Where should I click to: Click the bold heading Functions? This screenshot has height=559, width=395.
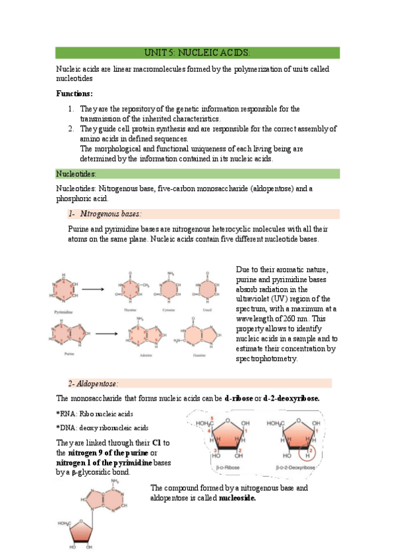point(75,94)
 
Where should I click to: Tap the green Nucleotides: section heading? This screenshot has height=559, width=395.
point(76,174)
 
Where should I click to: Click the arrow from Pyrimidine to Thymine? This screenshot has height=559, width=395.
point(92,288)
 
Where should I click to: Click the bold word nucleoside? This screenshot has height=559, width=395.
point(237,498)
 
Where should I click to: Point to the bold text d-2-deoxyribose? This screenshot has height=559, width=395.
point(291,398)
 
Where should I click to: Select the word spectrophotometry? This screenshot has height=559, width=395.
point(266,359)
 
